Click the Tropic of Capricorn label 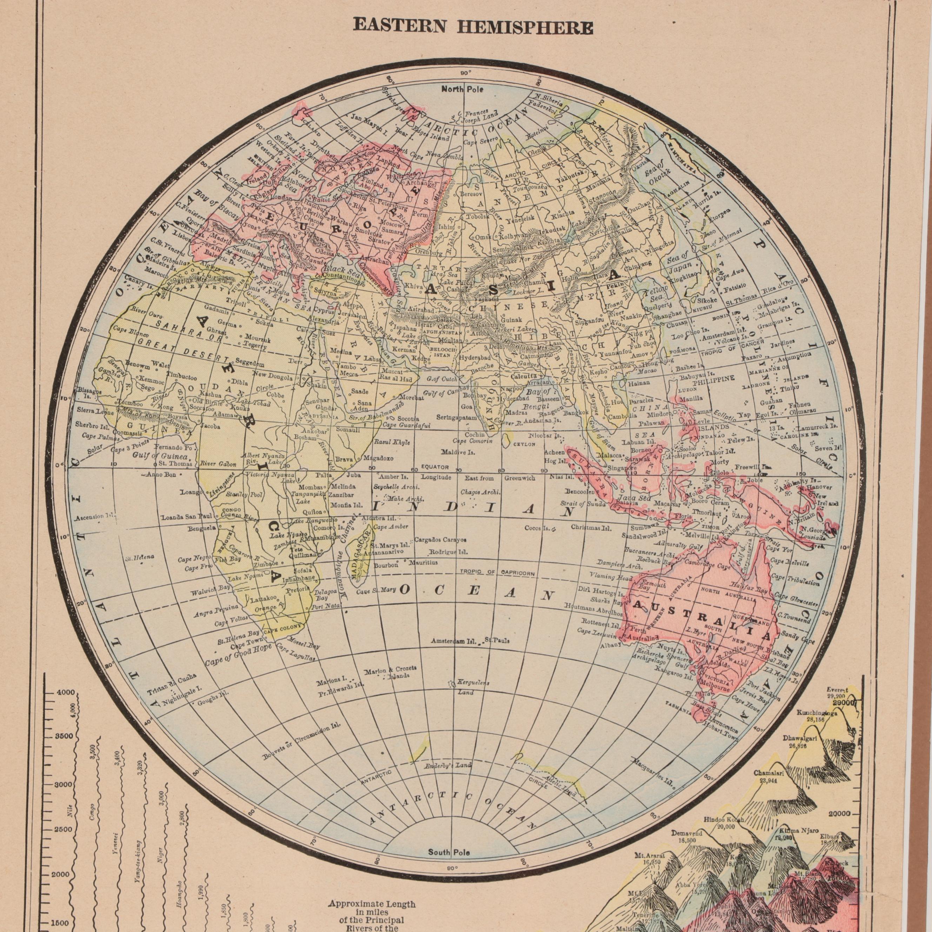pyautogui.click(x=497, y=573)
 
